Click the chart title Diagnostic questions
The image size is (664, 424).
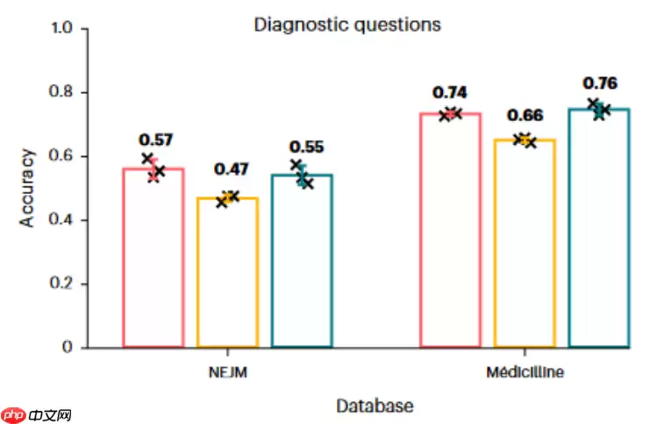pyautogui.click(x=347, y=25)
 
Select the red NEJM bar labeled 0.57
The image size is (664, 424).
pyautogui.click(x=154, y=259)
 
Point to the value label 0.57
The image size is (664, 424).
pyautogui.click(x=156, y=140)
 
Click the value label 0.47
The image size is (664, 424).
pyautogui.click(x=232, y=169)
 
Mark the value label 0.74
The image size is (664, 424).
pyautogui.click(x=449, y=93)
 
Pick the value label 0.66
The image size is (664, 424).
pyautogui.click(x=525, y=116)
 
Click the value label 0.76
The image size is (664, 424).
pyautogui.click(x=600, y=84)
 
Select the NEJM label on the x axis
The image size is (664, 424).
pyautogui.click(x=227, y=372)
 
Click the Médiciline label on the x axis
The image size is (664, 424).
pyautogui.click(x=525, y=372)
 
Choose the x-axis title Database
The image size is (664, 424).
pyautogui.click(x=375, y=406)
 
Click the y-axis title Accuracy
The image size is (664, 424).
pyautogui.click(x=28, y=189)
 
